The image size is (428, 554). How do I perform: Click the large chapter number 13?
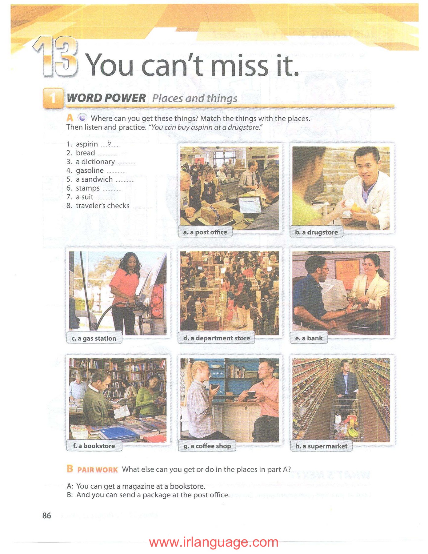click(x=56, y=56)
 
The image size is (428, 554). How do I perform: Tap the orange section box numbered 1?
click(x=53, y=98)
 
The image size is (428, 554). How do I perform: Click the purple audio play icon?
click(x=82, y=118)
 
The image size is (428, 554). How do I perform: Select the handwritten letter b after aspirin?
click(x=109, y=143)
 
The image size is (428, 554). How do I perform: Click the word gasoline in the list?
click(x=90, y=171)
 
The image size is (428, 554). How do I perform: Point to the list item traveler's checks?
click(x=103, y=206)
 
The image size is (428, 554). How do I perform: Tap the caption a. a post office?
click(x=205, y=232)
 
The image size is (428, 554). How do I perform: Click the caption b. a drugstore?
click(x=317, y=232)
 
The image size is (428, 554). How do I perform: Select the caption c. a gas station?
click(x=94, y=338)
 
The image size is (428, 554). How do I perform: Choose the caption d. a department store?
click(x=217, y=338)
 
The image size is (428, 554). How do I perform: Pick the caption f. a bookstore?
click(x=94, y=446)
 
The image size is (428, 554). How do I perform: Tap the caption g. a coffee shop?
click(x=207, y=446)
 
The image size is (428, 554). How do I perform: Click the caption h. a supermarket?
click(x=322, y=446)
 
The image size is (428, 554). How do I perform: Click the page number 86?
click(x=47, y=516)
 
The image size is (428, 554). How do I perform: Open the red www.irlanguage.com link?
click(x=214, y=542)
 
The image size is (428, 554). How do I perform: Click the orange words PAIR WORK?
click(x=98, y=470)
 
